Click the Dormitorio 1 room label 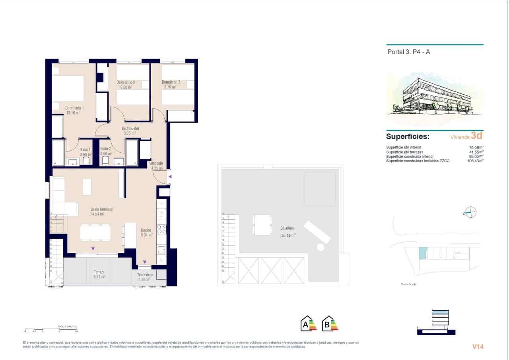click(x=74, y=108)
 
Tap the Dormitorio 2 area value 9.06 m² click(x=126, y=87)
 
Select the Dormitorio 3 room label click(x=171, y=82)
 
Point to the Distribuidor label click(x=130, y=128)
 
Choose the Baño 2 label click(x=106, y=149)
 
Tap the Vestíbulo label click(x=156, y=163)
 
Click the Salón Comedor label click(x=102, y=209)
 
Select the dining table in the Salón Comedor click(x=95, y=232)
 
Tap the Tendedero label click(x=145, y=274)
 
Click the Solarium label click(x=287, y=228)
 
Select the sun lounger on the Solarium click(x=317, y=233)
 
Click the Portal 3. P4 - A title click(x=408, y=52)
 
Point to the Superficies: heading click(x=408, y=136)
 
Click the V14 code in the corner click(x=478, y=346)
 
